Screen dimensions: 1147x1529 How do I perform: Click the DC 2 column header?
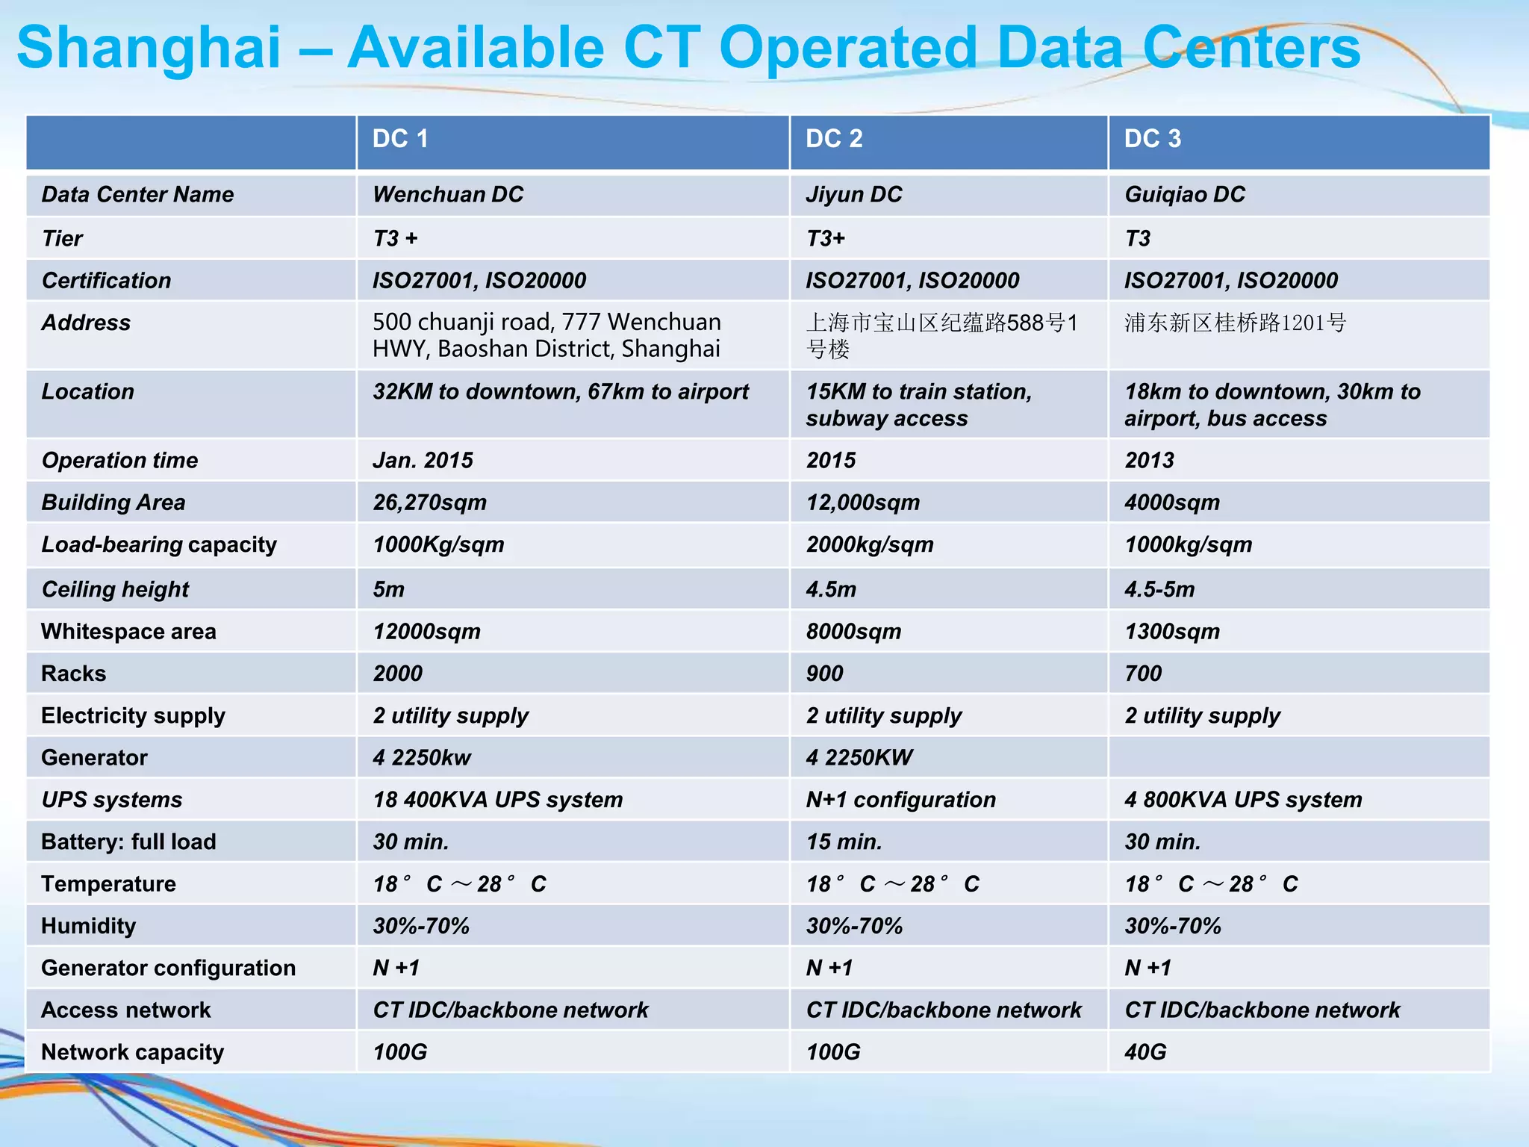tap(834, 139)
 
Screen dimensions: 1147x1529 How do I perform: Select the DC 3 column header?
tap(1153, 139)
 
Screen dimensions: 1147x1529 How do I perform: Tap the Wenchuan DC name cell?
tap(448, 195)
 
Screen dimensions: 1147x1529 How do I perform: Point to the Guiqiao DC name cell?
tap(1185, 195)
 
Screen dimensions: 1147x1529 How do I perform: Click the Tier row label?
tap(63, 239)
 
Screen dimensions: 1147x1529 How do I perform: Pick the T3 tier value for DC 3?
tap(1138, 239)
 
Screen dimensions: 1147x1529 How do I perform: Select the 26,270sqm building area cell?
tap(429, 503)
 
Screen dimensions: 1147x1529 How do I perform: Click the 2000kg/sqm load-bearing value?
tap(870, 544)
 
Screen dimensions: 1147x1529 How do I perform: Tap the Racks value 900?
tap(824, 674)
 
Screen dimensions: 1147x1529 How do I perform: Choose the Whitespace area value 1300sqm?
tap(1172, 632)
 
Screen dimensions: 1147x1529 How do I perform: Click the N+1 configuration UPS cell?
tap(900, 800)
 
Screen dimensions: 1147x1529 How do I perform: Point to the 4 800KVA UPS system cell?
tap(1243, 800)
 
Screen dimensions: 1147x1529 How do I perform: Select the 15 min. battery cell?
tap(844, 842)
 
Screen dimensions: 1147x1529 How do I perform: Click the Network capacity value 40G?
tap(1145, 1052)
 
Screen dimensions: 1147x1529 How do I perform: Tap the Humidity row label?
tap(89, 926)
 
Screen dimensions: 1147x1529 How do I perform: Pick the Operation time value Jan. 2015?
tap(423, 461)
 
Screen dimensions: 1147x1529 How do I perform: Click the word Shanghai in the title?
tap(149, 48)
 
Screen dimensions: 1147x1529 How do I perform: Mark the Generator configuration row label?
tap(169, 969)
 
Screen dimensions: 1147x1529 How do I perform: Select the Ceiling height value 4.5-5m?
tap(1159, 590)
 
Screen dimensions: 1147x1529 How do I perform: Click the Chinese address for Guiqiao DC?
tap(1236, 323)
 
